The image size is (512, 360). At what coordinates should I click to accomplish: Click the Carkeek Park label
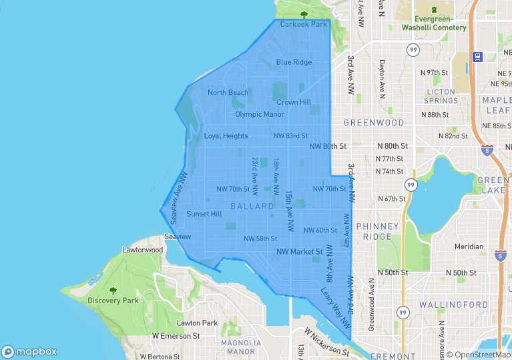304,24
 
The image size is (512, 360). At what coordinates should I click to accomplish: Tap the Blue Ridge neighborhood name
294,62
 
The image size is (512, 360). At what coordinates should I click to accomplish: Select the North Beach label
228,93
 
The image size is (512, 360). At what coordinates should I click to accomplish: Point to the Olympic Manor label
260,114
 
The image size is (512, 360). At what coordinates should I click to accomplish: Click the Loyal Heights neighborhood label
226,136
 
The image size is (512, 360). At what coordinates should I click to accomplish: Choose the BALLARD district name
252,206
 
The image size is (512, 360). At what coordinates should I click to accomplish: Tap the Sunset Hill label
204,214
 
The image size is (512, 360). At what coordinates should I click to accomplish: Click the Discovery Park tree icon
113,291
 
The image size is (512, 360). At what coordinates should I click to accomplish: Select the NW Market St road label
300,252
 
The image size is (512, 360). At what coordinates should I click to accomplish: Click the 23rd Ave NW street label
255,172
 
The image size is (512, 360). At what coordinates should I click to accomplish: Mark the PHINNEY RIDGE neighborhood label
377,231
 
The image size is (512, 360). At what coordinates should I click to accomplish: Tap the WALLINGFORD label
454,305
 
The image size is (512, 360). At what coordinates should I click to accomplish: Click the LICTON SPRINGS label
441,96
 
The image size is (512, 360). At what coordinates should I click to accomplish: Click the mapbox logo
29,351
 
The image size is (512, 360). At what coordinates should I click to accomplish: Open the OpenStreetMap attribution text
478,355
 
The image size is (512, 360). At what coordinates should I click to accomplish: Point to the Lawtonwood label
143,250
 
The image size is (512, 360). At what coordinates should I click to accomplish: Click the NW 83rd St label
290,136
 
